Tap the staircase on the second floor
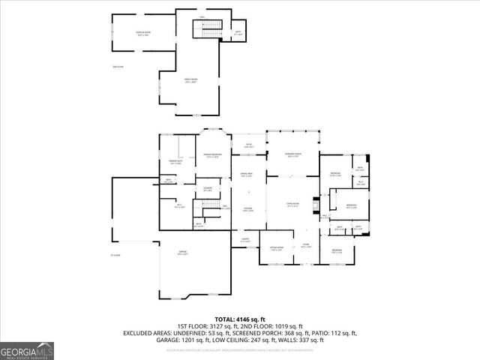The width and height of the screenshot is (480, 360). coord(209,29)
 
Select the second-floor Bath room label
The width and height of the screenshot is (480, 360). coord(238,33)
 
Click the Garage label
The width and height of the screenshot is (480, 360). coord(182,253)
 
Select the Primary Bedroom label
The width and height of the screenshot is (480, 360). coord(213,155)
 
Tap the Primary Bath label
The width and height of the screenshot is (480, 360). coord(175,162)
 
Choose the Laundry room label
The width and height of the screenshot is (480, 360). coord(208,188)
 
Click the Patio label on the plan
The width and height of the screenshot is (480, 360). coord(249,145)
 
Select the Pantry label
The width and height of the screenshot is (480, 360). coord(244,240)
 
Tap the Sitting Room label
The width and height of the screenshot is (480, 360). coord(275,248)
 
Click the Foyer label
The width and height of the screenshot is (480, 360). coord(305,245)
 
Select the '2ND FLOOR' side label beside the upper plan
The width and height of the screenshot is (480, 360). coord(117,67)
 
